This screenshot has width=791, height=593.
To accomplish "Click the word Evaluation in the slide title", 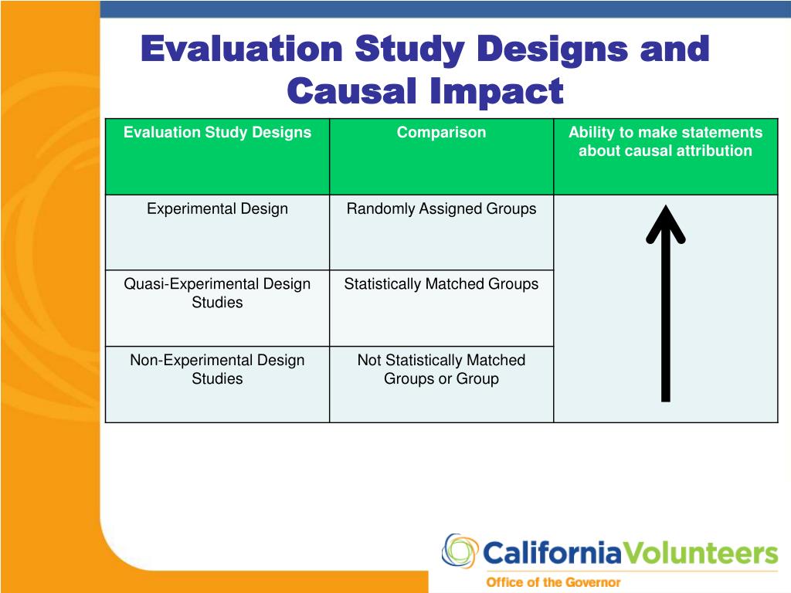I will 243,49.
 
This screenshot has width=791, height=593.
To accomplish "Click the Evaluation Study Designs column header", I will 217,133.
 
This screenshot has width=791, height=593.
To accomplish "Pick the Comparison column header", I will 441,133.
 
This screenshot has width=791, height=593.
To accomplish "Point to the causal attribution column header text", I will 665,142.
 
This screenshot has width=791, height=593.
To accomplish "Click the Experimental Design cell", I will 217,209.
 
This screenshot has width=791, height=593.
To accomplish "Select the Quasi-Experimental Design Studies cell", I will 217,293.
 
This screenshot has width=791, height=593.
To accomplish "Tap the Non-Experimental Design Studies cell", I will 217,369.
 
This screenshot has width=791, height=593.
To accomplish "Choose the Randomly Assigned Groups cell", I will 441,209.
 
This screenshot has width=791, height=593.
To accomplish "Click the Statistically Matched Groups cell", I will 441,284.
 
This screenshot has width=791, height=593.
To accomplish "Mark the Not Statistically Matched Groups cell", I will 441,369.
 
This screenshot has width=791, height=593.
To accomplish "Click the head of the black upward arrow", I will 665,220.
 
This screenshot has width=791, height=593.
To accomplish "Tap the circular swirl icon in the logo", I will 460,552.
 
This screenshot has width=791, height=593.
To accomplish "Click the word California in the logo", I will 552,554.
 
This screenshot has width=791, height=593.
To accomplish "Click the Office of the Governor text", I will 552,582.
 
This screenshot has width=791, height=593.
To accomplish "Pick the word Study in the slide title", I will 410,49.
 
